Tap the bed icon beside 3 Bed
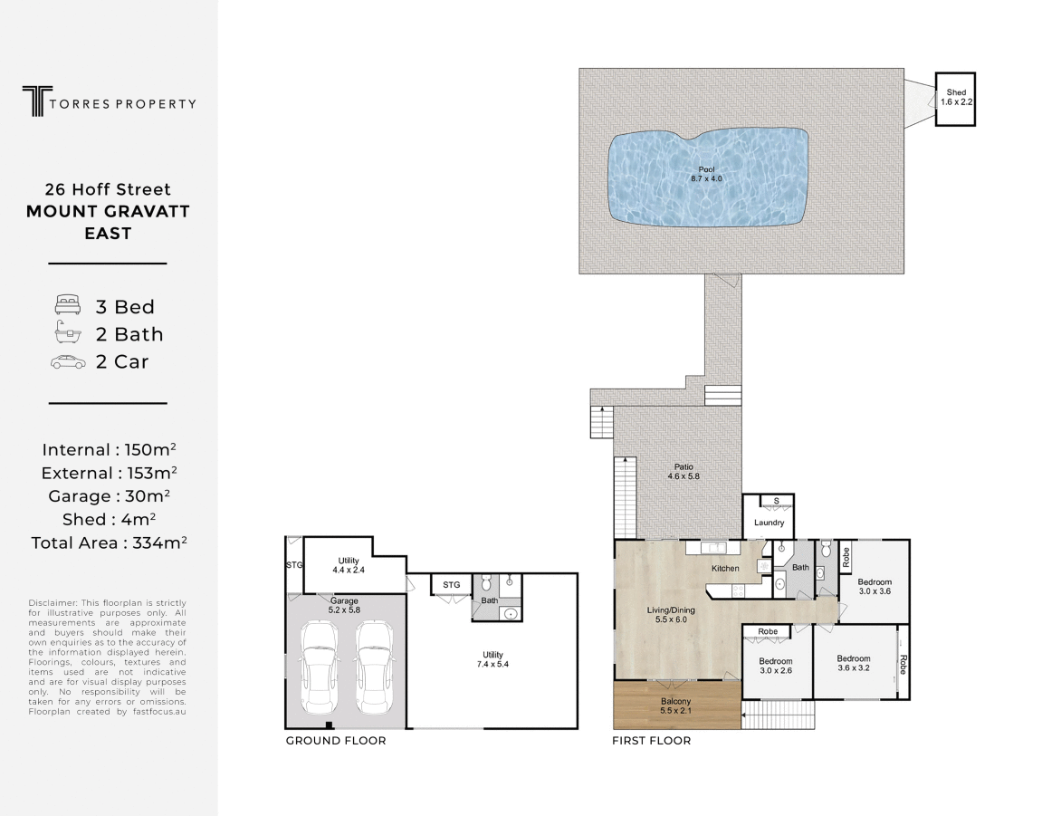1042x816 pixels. pyautogui.click(x=67, y=305)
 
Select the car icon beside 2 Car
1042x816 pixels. pyautogui.click(x=67, y=362)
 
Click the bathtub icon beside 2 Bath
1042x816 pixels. pyautogui.click(x=67, y=333)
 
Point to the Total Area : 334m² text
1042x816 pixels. pyautogui.click(x=109, y=542)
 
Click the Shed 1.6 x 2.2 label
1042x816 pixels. pyautogui.click(x=955, y=97)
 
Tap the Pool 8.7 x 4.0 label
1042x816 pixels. pyautogui.click(x=705, y=174)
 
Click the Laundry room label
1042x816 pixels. pyautogui.click(x=769, y=523)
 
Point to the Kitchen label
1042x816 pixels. pyautogui.click(x=725, y=569)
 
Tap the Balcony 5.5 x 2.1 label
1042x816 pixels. pyautogui.click(x=675, y=706)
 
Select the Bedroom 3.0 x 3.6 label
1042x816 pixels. pyautogui.click(x=875, y=586)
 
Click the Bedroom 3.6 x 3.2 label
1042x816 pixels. pyautogui.click(x=854, y=664)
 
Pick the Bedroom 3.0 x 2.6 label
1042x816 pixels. pyautogui.click(x=775, y=666)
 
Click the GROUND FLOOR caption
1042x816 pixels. pyautogui.click(x=336, y=741)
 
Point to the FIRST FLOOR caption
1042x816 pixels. pyautogui.click(x=652, y=741)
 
